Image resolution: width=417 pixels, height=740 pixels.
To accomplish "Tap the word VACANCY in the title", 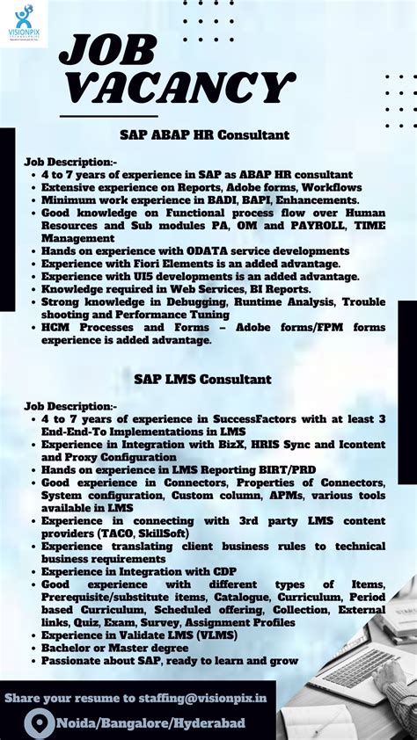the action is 176,89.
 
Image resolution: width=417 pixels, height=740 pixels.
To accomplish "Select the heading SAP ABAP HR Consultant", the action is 205,135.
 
